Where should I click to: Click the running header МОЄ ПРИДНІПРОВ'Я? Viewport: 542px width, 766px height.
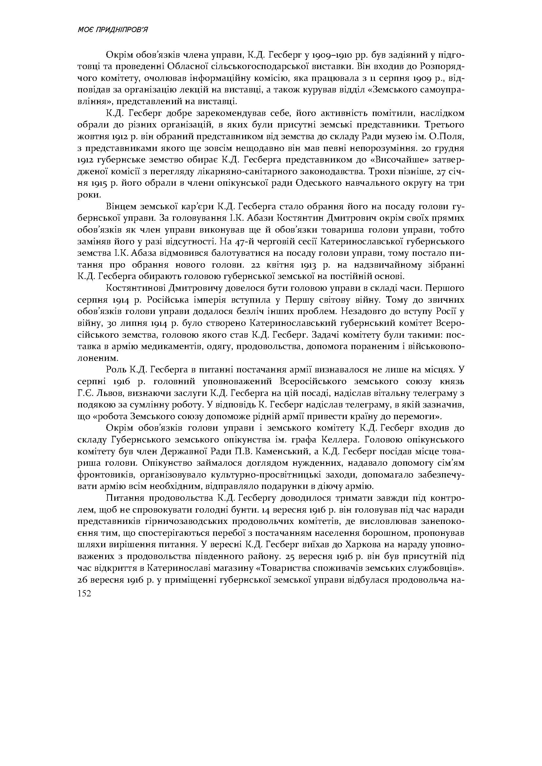(x=112, y=30)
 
